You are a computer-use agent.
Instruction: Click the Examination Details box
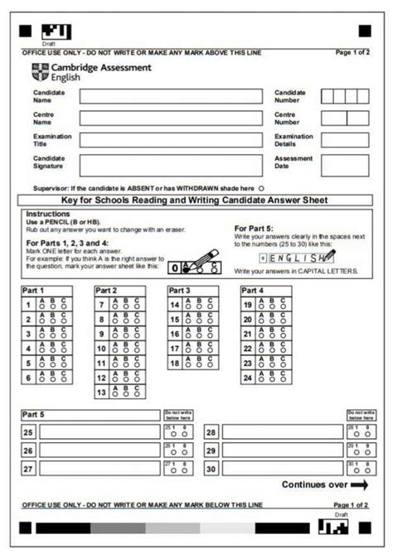tap(344, 140)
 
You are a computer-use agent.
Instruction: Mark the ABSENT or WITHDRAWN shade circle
tap(260, 188)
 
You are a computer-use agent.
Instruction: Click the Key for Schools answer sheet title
tap(195, 200)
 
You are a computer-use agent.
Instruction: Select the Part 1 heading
tap(34, 291)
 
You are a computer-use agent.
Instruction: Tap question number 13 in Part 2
tap(102, 393)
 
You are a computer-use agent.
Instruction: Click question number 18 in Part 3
tap(175, 364)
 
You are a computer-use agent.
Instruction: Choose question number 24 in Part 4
tap(248, 378)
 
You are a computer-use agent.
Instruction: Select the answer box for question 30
tap(282, 468)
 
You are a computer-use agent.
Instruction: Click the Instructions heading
tap(48, 214)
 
